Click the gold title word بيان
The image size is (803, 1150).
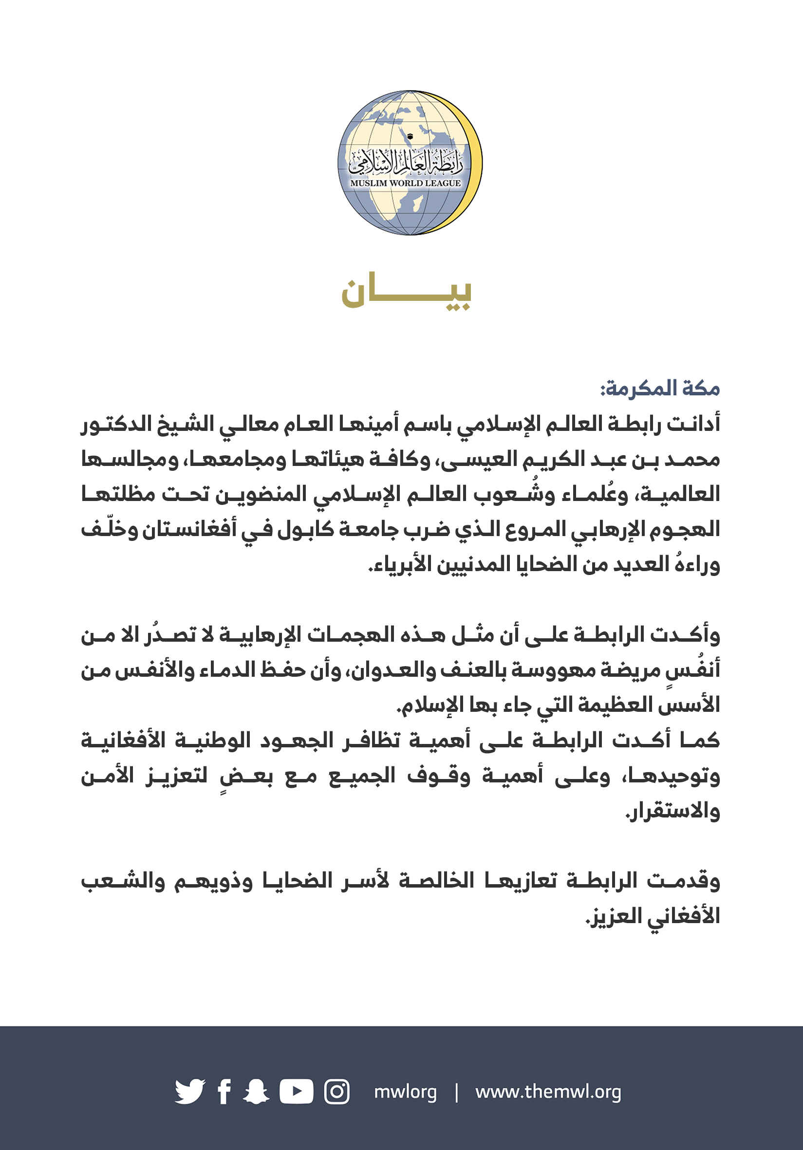pyautogui.click(x=406, y=292)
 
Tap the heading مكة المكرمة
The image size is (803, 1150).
pyautogui.click(x=660, y=389)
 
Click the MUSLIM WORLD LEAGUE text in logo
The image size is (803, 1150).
pyautogui.click(x=405, y=184)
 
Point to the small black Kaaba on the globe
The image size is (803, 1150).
pyautogui.click(x=410, y=136)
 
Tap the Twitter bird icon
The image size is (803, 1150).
pyautogui.click(x=189, y=1092)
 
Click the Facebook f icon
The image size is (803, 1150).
pyautogui.click(x=224, y=1092)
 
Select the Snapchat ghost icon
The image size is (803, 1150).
pyautogui.click(x=256, y=1092)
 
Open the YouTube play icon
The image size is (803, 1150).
pyautogui.click(x=296, y=1092)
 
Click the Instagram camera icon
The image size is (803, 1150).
pyautogui.click(x=336, y=1092)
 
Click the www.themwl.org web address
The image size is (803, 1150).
pyautogui.click(x=548, y=1092)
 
